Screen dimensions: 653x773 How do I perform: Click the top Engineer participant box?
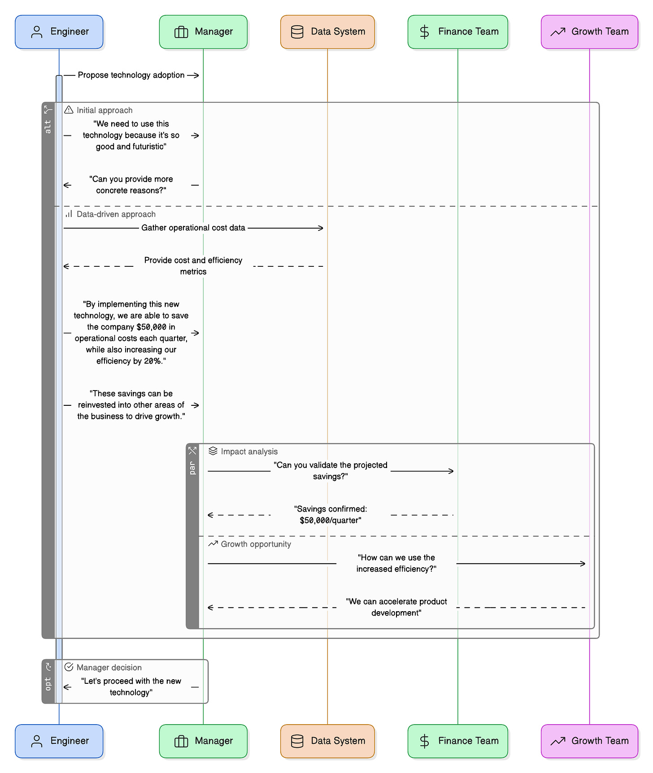[x=59, y=32]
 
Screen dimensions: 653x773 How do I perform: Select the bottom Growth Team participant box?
[x=589, y=741]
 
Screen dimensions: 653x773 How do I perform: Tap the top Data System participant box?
[x=327, y=32]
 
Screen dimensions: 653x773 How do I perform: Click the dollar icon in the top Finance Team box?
[x=424, y=32]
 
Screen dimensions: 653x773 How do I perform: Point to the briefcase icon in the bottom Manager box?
[x=181, y=741]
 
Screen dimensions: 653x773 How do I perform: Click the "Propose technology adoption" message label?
[x=131, y=75]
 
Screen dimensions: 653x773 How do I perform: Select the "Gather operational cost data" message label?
[x=193, y=228]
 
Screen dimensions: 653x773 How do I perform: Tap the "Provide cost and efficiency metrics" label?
[x=193, y=266]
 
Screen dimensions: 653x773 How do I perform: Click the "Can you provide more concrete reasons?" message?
[x=131, y=185]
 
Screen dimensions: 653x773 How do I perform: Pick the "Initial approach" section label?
[x=104, y=110]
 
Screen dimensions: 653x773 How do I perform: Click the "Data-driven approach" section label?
[x=116, y=214]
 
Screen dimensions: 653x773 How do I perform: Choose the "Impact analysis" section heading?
[x=249, y=452]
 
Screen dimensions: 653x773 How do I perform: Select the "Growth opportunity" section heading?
[x=256, y=544]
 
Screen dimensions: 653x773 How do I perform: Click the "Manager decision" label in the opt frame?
[x=109, y=668]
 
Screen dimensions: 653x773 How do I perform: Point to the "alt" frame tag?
[x=48, y=127]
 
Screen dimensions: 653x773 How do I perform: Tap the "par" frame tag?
[x=192, y=468]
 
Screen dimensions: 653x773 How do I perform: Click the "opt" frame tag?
[x=48, y=684]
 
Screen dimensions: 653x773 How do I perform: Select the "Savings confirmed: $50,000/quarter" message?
[x=331, y=515]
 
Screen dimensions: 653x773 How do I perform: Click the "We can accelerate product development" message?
[x=396, y=607]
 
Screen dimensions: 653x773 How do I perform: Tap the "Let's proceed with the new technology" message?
[x=131, y=686]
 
